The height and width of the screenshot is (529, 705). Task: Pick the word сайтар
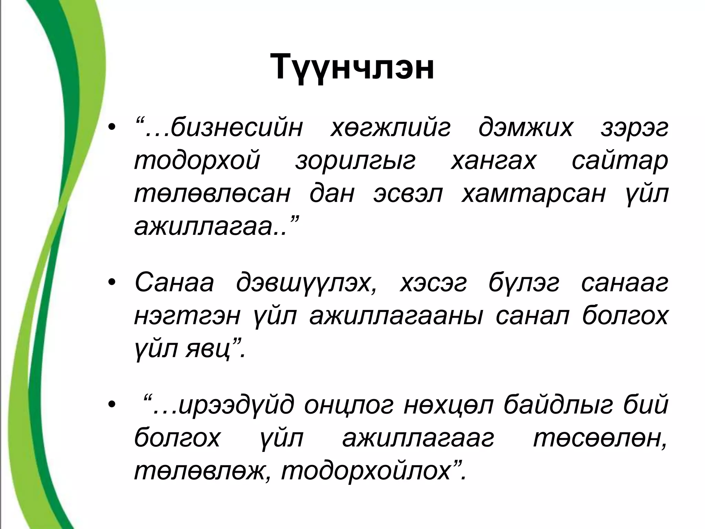620,161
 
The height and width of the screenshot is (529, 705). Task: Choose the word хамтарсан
533,194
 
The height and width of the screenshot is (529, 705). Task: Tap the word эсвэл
408,194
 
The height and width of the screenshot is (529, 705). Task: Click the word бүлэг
524,283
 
